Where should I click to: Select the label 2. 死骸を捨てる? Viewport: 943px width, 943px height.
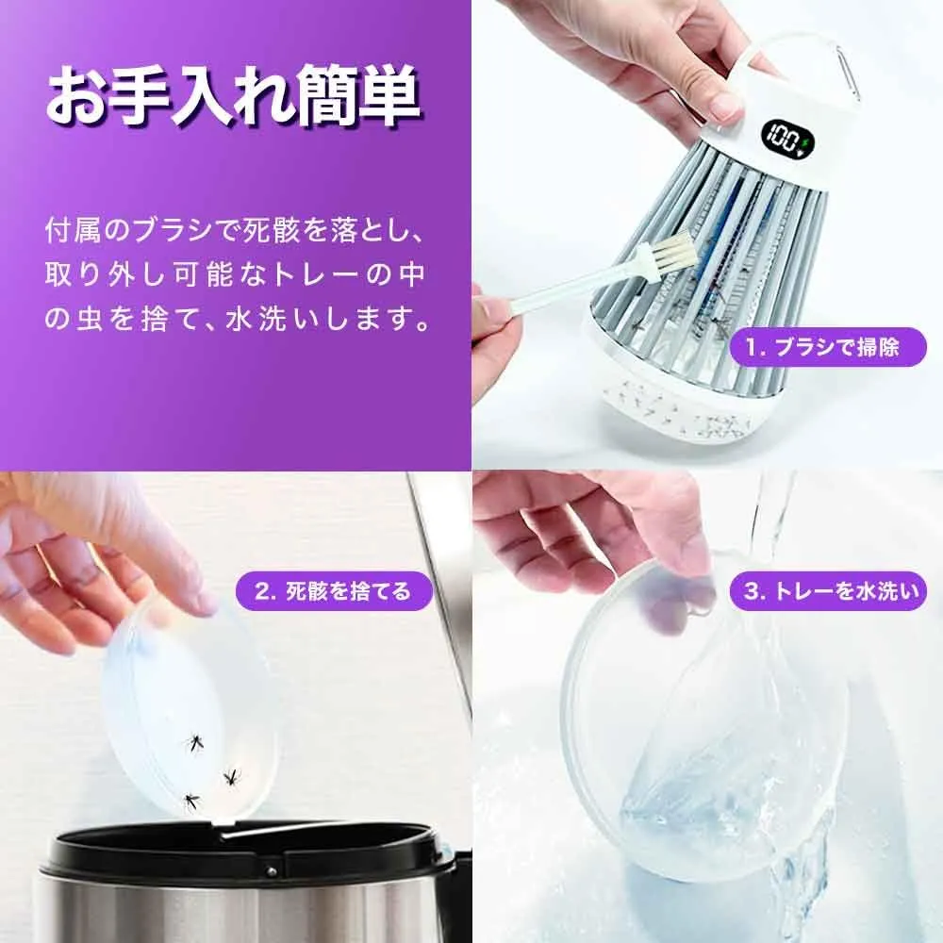tap(334, 591)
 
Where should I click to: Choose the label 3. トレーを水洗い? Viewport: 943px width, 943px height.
tap(828, 591)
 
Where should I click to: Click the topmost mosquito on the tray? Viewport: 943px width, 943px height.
tap(193, 743)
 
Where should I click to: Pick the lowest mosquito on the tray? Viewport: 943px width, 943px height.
tap(191, 801)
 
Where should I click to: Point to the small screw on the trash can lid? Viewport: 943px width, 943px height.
tap(272, 870)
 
